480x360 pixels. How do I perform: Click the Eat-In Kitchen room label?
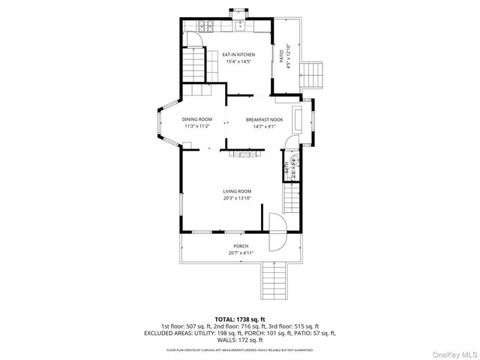(x=239, y=55)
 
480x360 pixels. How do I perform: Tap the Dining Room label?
(x=197, y=119)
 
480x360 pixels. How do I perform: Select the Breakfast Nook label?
(x=264, y=119)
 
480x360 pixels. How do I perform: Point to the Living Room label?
(x=237, y=191)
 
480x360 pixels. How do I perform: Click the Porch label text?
(x=240, y=246)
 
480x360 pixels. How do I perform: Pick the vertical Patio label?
(x=282, y=55)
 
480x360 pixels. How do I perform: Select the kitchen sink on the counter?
(x=232, y=27)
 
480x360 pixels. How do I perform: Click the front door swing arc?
(x=277, y=233)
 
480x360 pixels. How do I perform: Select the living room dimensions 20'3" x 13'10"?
(x=237, y=199)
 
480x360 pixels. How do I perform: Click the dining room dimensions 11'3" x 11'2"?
(x=197, y=126)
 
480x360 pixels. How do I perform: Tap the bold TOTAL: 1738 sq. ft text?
(x=239, y=319)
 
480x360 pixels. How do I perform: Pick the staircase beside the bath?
(x=290, y=200)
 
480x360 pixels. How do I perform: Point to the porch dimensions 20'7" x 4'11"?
(x=240, y=253)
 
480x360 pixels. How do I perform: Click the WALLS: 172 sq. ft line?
(x=240, y=340)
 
